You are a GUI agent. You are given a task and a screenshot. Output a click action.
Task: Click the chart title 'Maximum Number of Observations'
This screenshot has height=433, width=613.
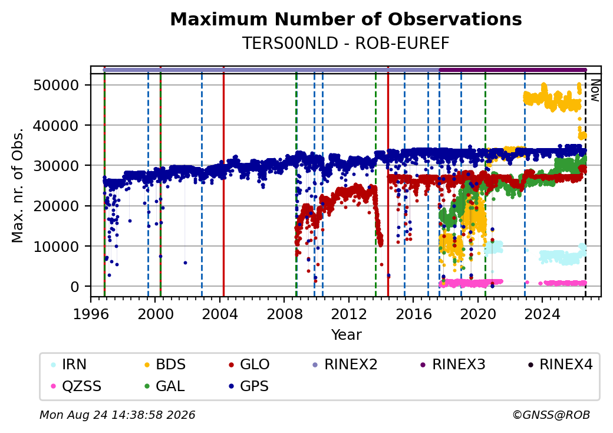tap(346, 19)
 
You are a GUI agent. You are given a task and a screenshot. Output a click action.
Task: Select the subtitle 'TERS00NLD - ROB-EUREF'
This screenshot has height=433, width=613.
tap(346, 44)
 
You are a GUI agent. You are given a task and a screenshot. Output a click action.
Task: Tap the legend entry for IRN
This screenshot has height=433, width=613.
tap(69, 365)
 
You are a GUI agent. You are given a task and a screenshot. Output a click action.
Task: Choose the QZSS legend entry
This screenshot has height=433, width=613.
tap(76, 386)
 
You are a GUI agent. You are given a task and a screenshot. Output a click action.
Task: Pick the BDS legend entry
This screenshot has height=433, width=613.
tap(165, 365)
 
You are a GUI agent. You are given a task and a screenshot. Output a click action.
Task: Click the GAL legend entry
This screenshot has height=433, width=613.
tap(164, 386)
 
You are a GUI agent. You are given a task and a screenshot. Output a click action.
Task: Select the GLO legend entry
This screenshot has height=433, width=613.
tap(249, 365)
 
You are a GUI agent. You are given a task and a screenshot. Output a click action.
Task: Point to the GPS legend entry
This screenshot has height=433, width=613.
tap(249, 386)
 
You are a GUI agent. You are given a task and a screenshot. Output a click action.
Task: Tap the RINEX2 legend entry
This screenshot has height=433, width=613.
tap(345, 365)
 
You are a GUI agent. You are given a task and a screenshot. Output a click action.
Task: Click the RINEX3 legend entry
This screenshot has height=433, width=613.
tap(453, 365)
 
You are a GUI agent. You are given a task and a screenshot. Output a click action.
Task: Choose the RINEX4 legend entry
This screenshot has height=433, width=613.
tap(560, 365)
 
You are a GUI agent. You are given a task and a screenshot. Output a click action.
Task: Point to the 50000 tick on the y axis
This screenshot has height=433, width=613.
tap(57, 85)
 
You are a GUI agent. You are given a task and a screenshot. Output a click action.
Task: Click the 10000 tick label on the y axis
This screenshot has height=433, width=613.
tap(57, 247)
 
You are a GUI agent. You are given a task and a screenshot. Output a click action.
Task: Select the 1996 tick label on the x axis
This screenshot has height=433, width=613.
tap(91, 314)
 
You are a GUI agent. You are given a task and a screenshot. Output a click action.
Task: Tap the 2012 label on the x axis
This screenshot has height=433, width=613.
tap(349, 314)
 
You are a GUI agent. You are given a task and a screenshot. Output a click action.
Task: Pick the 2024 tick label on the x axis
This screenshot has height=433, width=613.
tap(542, 314)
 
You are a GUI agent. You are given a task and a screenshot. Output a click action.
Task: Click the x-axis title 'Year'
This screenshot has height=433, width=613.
tap(347, 335)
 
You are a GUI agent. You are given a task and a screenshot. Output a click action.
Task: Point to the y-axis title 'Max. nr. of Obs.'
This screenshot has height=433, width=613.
tap(17, 185)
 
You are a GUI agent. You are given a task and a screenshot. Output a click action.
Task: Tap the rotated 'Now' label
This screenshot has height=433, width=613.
tap(595, 90)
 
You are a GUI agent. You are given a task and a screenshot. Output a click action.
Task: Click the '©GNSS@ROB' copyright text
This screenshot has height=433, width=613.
tap(551, 415)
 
